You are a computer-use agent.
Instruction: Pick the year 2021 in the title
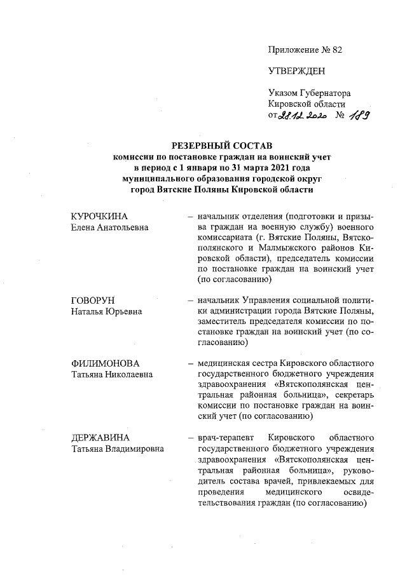point(281,168)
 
